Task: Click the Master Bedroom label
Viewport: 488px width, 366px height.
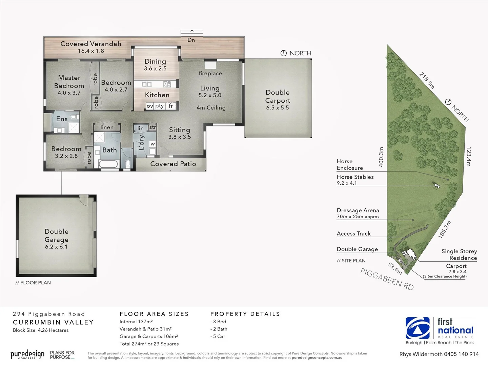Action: (69, 82)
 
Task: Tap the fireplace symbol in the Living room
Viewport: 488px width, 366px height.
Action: (210, 65)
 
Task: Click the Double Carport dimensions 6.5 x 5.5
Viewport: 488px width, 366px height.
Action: (278, 108)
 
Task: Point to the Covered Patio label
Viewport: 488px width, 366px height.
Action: (173, 164)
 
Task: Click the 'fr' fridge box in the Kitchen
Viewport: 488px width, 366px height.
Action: (171, 106)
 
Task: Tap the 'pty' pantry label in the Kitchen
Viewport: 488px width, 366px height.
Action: (159, 106)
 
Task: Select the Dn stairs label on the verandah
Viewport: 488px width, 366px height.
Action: (191, 40)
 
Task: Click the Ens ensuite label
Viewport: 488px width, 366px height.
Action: (62, 119)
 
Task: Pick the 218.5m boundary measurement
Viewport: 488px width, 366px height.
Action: (427, 80)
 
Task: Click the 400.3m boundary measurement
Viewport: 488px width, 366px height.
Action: (381, 157)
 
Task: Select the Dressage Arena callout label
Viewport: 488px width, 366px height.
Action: (358, 210)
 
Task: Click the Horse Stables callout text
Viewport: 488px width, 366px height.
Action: (355, 177)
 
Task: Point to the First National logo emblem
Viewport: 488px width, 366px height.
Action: (418, 328)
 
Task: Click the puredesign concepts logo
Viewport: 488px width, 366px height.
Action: (27, 355)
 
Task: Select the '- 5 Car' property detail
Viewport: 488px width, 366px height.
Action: (218, 337)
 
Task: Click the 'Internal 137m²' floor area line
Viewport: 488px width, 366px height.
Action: (136, 322)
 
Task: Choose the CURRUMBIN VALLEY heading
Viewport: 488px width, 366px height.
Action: (53, 322)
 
